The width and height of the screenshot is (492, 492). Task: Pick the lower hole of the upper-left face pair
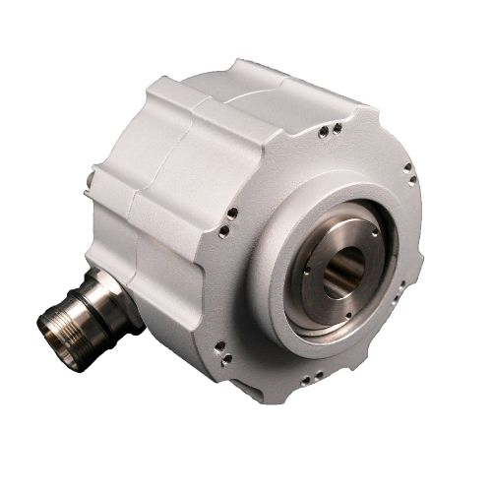click(x=223, y=230)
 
